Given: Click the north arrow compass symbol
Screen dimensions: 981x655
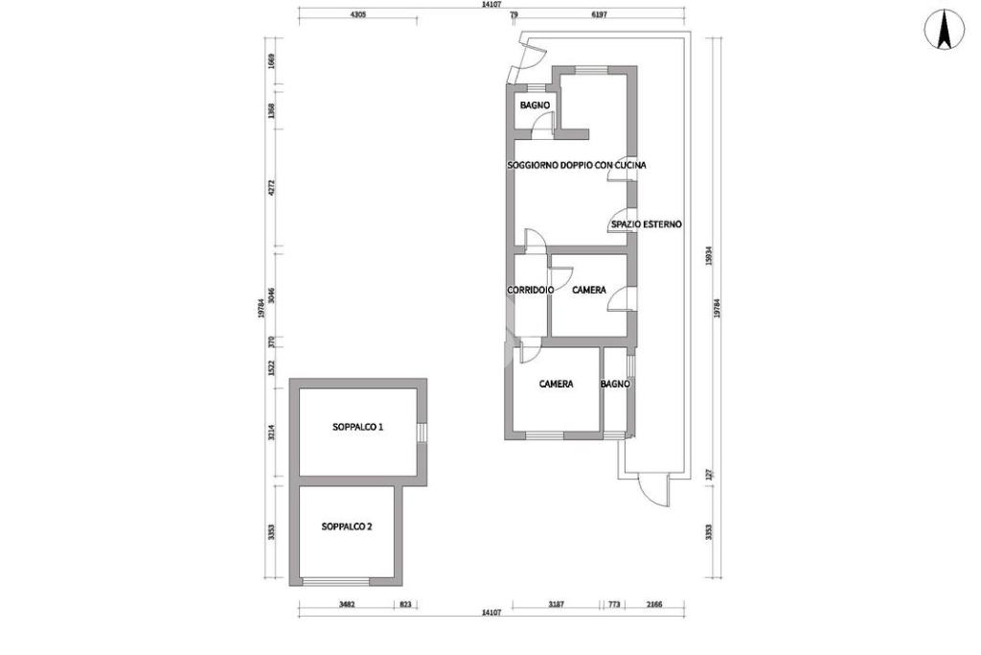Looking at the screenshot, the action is [x=945, y=30].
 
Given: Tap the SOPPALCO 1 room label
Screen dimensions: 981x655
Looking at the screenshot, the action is [x=358, y=427].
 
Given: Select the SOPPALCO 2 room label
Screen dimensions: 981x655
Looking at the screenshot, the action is [x=347, y=526].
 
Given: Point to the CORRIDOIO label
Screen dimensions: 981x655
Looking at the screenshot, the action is [x=530, y=290].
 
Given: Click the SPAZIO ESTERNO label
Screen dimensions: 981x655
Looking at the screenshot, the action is [x=647, y=224].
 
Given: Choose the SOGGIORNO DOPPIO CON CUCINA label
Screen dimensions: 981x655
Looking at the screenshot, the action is [x=576, y=165].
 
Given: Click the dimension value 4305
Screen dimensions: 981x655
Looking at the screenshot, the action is [x=357, y=14].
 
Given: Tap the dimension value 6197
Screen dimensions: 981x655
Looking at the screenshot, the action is [x=599, y=14].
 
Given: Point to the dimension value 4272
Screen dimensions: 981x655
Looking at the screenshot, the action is [x=271, y=188].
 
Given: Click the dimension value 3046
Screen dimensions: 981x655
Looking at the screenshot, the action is [x=271, y=295].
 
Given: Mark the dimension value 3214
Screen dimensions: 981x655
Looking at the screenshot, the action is [x=271, y=433].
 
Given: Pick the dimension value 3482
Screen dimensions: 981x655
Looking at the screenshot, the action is [x=347, y=604].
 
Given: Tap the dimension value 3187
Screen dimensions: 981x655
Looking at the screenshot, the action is [x=556, y=604].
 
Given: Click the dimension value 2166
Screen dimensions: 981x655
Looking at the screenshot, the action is [x=653, y=604].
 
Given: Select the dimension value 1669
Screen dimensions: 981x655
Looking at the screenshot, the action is [x=271, y=61].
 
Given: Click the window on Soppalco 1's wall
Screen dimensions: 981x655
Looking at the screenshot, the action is [x=422, y=433].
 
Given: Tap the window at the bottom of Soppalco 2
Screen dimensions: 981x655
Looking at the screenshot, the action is [x=336, y=581].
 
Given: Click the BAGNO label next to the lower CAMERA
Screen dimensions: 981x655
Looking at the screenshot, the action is [x=615, y=384].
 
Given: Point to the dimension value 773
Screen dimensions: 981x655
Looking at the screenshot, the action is [x=614, y=604].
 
